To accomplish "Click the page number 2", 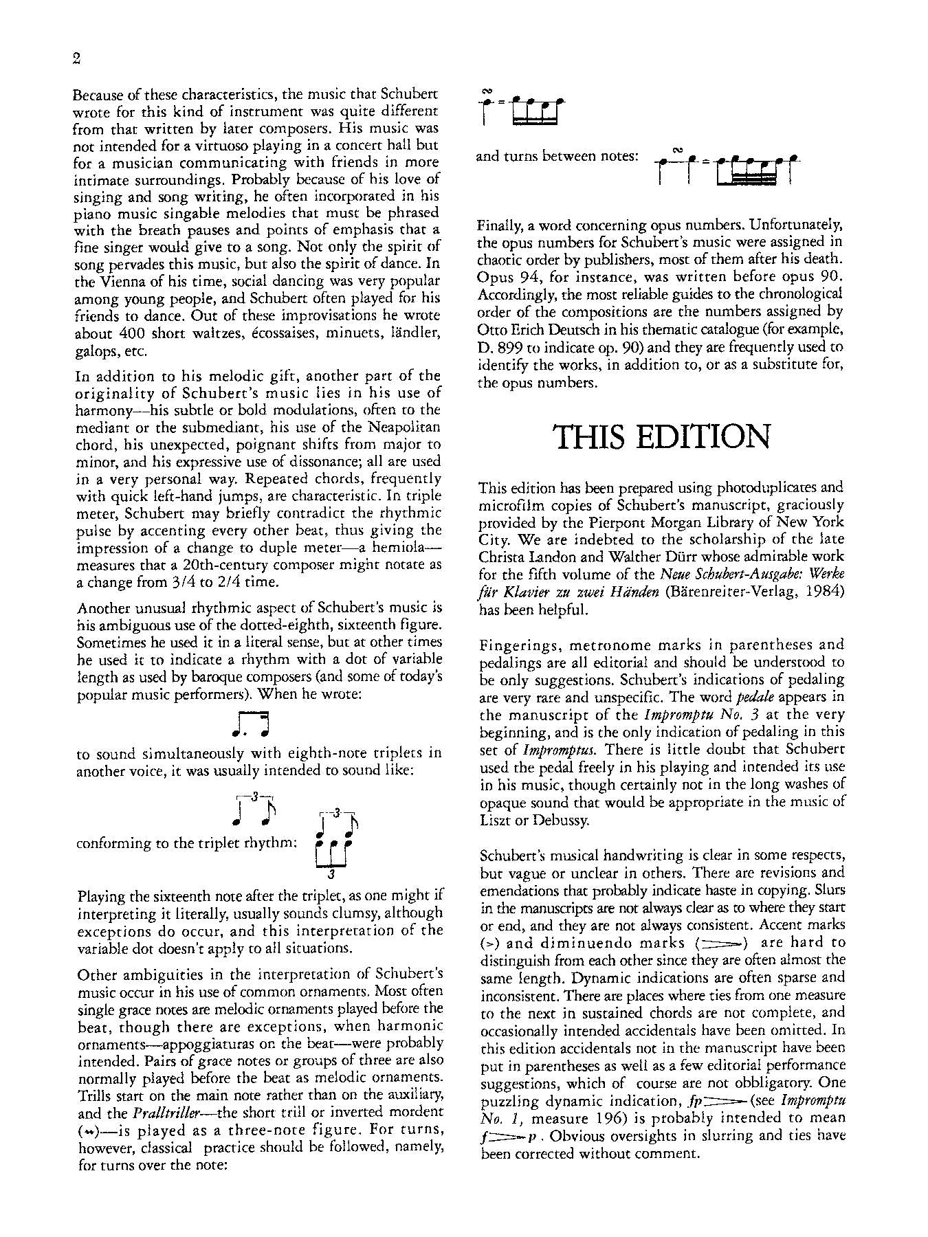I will (76, 58).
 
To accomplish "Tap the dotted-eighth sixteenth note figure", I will (250, 723).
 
